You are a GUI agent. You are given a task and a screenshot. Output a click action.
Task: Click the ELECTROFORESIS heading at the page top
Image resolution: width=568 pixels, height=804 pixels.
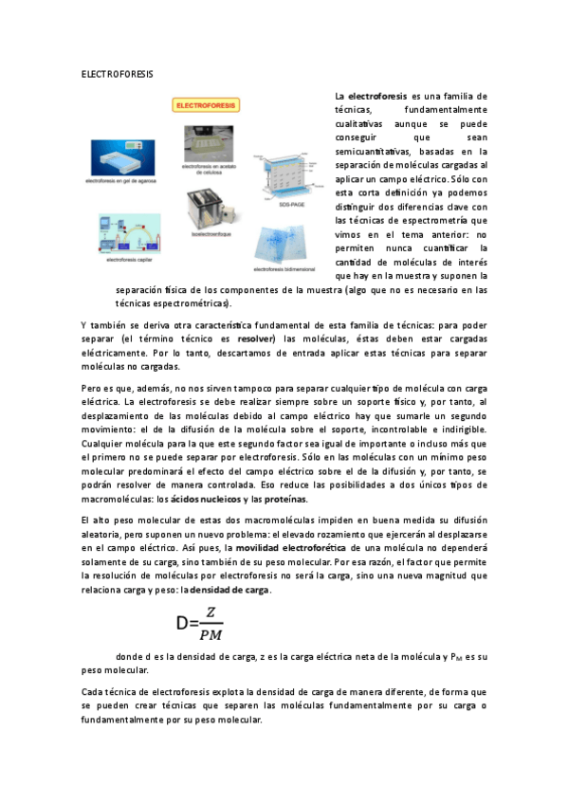click(117, 73)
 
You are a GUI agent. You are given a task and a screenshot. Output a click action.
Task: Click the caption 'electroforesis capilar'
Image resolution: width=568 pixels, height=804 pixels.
click(119, 260)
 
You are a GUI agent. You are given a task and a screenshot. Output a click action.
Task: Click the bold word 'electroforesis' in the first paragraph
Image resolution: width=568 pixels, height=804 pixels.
click(376, 97)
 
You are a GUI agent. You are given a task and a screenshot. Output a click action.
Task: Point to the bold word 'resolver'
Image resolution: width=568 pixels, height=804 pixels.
click(256, 338)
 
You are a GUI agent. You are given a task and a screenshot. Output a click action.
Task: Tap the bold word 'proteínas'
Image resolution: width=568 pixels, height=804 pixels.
click(285, 500)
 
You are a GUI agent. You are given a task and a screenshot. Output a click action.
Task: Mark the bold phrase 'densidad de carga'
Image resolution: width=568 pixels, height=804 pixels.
click(230, 590)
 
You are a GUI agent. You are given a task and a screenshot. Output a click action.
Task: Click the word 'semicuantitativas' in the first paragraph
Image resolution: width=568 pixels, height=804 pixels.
click(372, 151)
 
